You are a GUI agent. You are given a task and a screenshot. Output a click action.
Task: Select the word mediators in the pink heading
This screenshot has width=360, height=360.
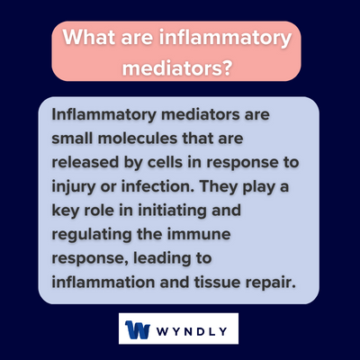pyautogui.click(x=175, y=67)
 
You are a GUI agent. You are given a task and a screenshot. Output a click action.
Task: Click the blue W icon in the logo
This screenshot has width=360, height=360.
pyautogui.click(x=139, y=328)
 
